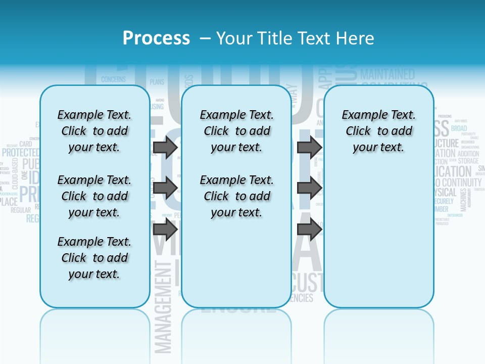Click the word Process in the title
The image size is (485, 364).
point(156,38)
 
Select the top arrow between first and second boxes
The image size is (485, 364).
point(165,147)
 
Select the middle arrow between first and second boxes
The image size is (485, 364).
point(165,188)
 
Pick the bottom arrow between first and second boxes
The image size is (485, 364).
point(165,229)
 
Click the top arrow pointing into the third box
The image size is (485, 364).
point(309,147)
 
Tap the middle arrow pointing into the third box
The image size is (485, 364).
point(309,188)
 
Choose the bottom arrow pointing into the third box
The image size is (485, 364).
point(309,229)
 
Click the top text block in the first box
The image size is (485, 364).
point(94,131)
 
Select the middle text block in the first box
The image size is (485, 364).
point(94,196)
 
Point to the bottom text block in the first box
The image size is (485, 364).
point(94,258)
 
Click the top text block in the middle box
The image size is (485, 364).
point(236,131)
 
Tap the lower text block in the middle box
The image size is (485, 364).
point(236,196)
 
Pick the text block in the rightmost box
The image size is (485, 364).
point(378,131)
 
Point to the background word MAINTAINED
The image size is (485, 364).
point(387,75)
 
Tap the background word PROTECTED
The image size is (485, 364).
point(20,152)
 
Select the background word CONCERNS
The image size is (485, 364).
point(113,79)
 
